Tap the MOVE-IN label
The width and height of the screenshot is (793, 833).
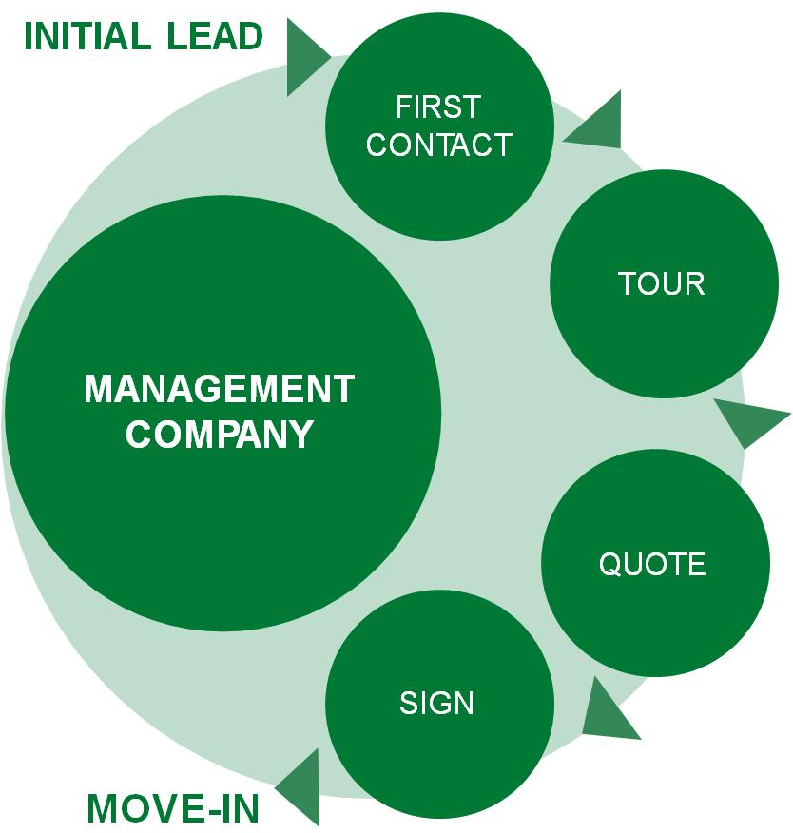coord(173,808)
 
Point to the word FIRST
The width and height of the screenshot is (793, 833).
coord(438,107)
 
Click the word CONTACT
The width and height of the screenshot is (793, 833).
coord(438,145)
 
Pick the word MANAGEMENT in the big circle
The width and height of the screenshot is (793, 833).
coord(220,389)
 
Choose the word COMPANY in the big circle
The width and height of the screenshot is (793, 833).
coord(220,434)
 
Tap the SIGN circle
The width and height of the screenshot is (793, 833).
coord(438,705)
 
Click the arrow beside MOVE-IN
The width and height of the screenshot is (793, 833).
coord(300,785)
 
